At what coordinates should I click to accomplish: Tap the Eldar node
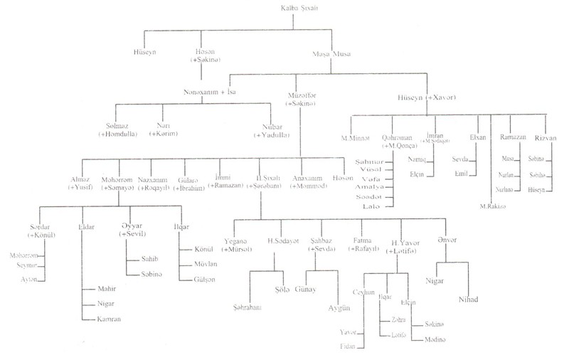tap(82, 227)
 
